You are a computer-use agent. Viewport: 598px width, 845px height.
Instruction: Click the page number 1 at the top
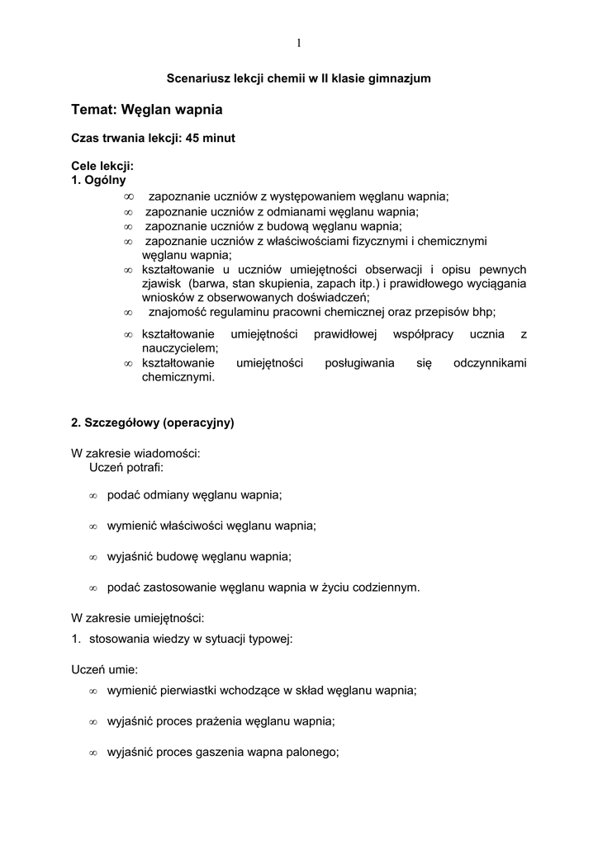tap(298, 43)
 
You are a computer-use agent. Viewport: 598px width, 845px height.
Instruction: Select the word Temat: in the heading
tap(95, 109)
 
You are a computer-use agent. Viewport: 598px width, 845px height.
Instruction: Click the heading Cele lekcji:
tap(102, 166)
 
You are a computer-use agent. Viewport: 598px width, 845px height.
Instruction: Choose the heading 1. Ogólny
tap(99, 180)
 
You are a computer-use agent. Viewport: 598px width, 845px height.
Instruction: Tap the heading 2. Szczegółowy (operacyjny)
tap(153, 422)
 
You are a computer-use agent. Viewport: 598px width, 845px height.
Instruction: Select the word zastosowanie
tap(174, 588)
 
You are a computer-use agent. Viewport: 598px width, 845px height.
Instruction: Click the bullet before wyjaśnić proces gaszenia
tap(93, 753)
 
